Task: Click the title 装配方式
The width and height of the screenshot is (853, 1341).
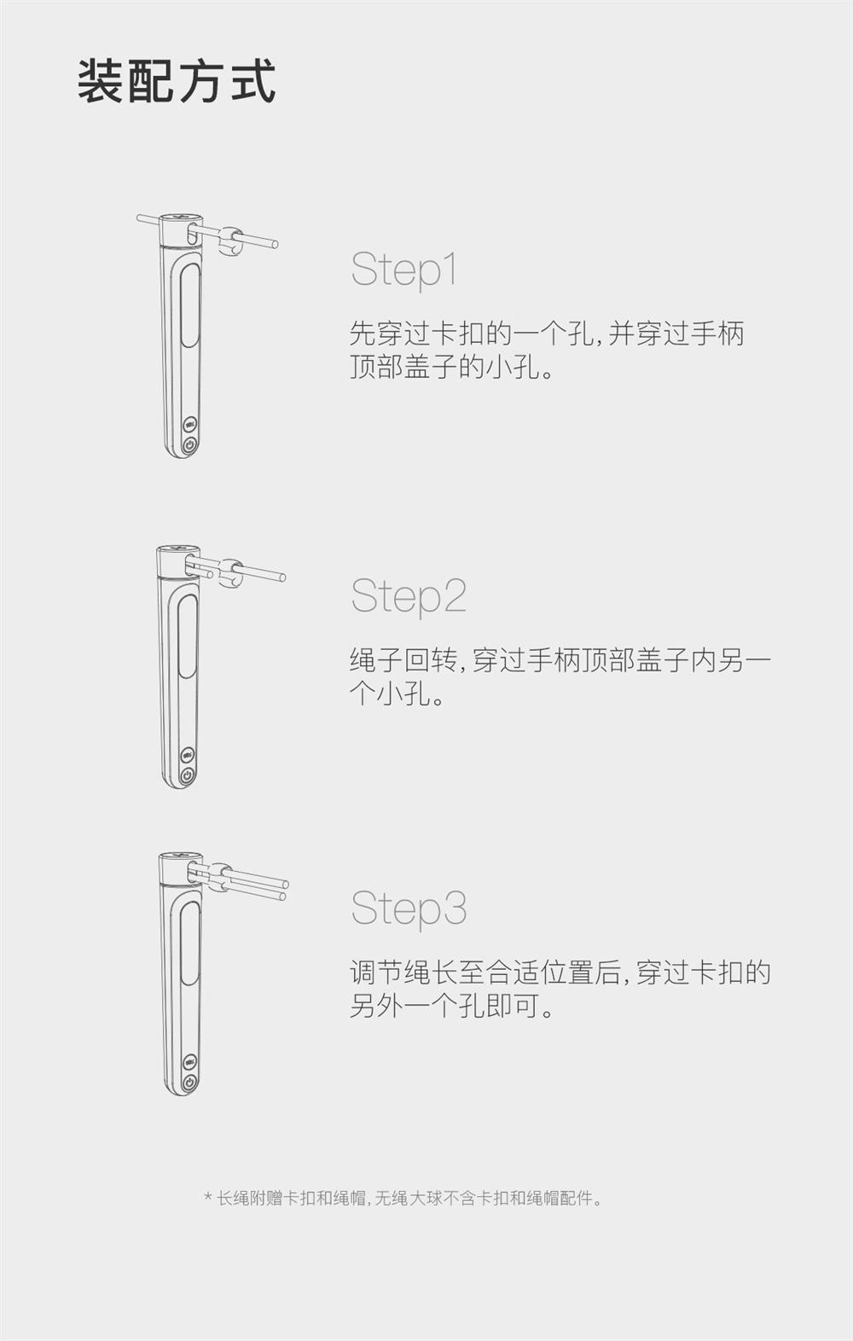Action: tap(177, 81)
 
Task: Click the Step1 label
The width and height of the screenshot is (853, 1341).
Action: tap(404, 270)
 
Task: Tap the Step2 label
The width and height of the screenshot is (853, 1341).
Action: tap(409, 596)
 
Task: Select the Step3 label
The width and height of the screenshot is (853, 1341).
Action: tap(409, 908)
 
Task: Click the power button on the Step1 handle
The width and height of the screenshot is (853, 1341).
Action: tap(189, 445)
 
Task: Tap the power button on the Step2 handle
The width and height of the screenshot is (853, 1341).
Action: tap(188, 775)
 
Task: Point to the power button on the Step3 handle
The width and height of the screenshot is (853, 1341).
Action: tap(189, 1083)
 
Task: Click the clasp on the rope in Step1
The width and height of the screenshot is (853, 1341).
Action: tap(231, 241)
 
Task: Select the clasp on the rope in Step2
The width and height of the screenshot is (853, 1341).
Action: tap(229, 572)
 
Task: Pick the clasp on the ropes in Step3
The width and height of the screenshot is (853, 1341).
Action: tap(220, 878)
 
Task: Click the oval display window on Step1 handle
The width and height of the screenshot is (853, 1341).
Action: tap(189, 305)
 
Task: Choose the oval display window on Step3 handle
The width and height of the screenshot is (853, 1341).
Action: tap(189, 944)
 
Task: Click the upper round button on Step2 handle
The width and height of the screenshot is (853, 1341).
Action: tap(188, 754)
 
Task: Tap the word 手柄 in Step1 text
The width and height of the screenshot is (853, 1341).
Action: tap(717, 333)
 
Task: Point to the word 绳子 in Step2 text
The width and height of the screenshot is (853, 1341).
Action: tap(376, 660)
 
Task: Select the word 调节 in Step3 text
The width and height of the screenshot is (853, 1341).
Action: tap(376, 972)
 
